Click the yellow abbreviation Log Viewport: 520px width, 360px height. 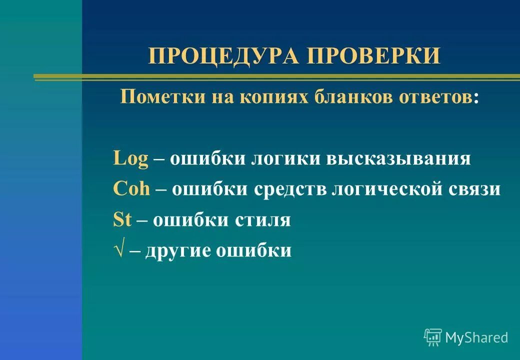pyautogui.click(x=131, y=159)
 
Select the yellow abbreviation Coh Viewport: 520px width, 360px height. pyautogui.click(x=132, y=189)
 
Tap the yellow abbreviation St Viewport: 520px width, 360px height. pyautogui.click(x=122, y=220)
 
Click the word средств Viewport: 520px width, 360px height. pyautogui.click(x=290, y=189)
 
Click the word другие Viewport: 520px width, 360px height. pyautogui.click(x=178, y=250)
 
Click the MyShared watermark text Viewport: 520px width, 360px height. pyautogui.click(x=476, y=337)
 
